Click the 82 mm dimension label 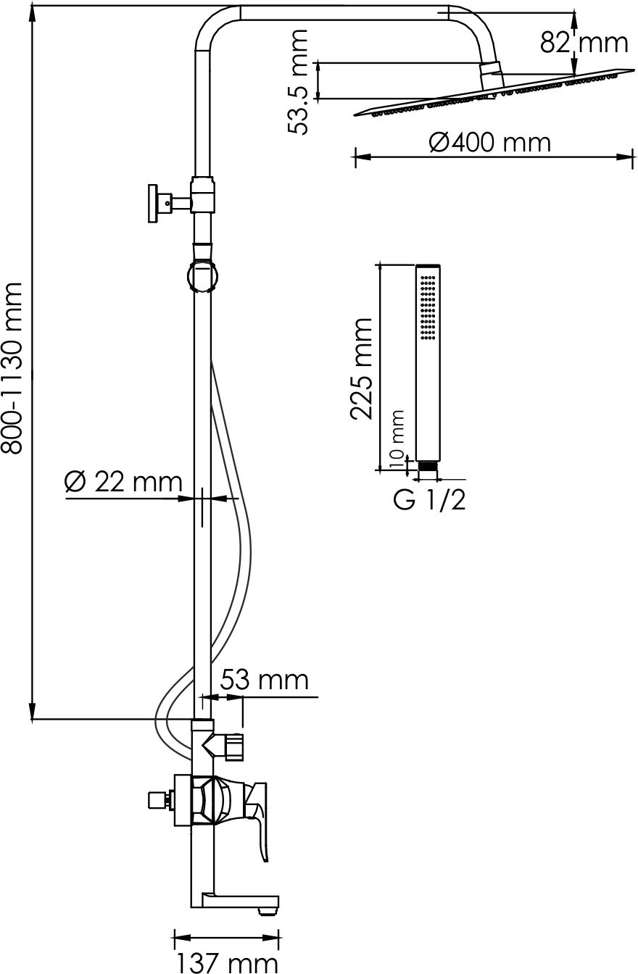[x=584, y=43]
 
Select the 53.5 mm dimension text [x=298, y=82]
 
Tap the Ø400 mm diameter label [x=489, y=143]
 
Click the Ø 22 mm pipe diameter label [x=123, y=482]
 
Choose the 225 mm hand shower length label [x=361, y=369]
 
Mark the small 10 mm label [x=396, y=439]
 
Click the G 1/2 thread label [x=430, y=500]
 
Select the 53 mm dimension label [x=264, y=680]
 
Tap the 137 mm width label [x=227, y=962]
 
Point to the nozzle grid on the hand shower [x=428, y=307]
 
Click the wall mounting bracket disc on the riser [x=153, y=203]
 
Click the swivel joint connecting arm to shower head [x=492, y=76]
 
